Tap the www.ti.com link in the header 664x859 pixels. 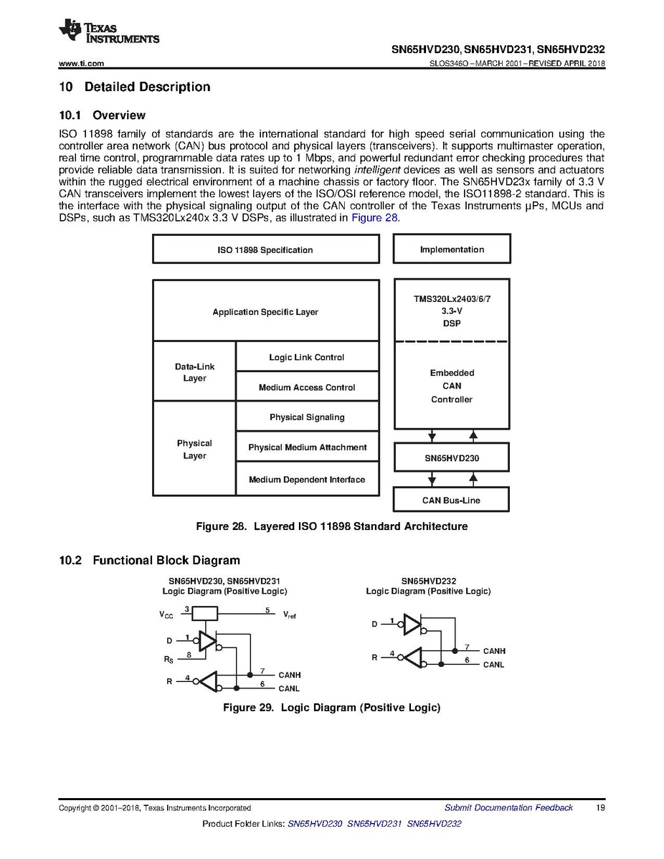click(81, 64)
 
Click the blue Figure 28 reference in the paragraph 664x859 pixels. click(374, 218)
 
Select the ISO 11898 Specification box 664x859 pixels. click(265, 250)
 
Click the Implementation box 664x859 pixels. click(452, 250)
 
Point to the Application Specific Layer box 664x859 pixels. click(265, 312)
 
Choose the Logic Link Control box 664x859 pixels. click(307, 357)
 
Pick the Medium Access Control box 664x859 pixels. click(307, 387)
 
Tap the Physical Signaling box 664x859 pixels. click(307, 417)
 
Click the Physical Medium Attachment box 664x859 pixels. click(307, 447)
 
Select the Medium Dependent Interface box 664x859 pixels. click(307, 480)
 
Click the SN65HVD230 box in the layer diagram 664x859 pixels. click(452, 457)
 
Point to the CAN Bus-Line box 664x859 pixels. click(452, 500)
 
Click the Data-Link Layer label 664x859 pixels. click(194, 372)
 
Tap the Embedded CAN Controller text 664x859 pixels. click(452, 386)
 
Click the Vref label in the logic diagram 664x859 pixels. click(290, 614)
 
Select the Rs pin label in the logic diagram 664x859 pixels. click(168, 659)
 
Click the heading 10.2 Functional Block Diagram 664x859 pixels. click(149, 561)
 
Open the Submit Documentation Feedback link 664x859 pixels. click(508, 808)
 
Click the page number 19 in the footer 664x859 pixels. click(601, 808)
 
